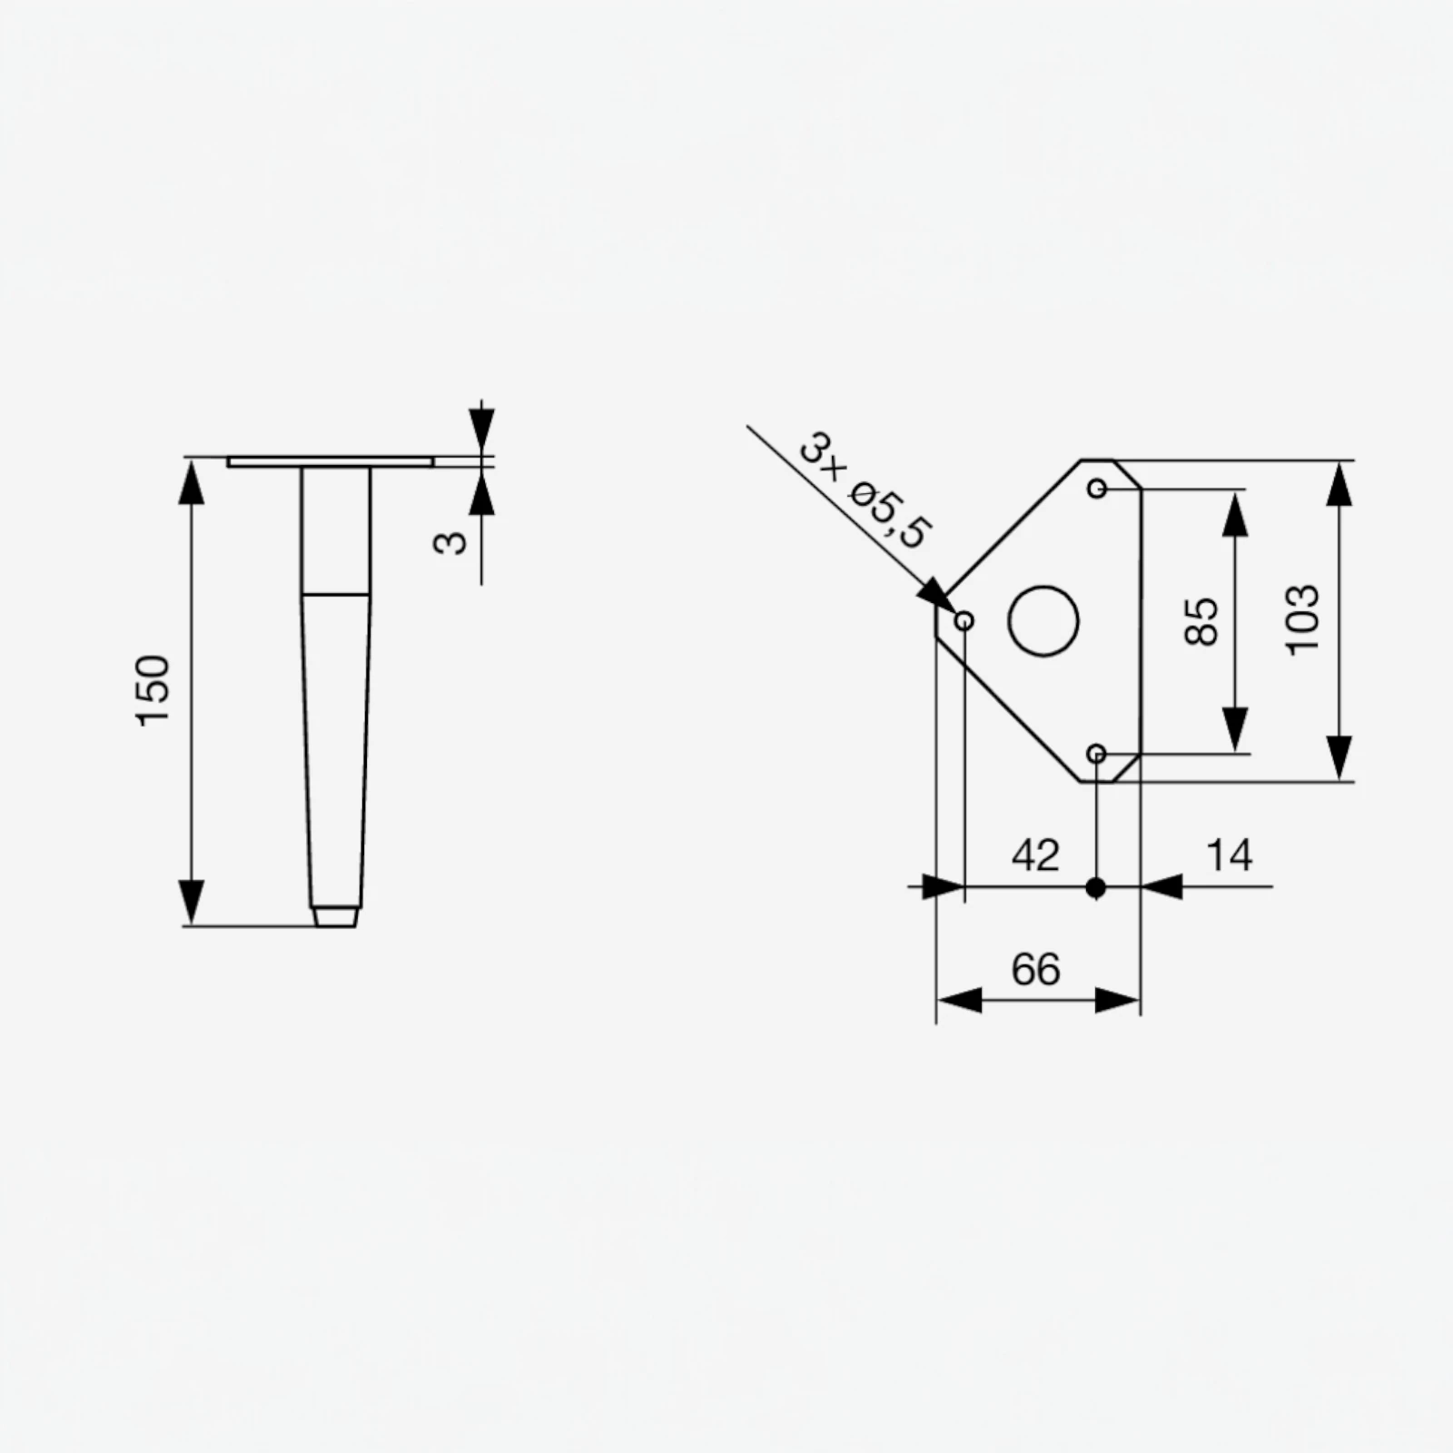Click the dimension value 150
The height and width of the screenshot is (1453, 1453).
click(153, 690)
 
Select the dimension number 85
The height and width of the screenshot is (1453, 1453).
click(1201, 621)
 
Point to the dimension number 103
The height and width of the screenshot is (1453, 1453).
click(1302, 619)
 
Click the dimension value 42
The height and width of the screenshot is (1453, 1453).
click(1035, 855)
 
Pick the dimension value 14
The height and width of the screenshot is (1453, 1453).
click(1229, 855)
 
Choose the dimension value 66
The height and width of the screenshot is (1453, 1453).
click(1035, 970)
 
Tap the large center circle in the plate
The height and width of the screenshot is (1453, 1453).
click(1043, 621)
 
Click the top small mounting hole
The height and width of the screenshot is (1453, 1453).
click(1097, 489)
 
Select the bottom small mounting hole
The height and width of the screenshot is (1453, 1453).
click(1097, 754)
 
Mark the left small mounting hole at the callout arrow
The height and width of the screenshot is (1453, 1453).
click(964, 621)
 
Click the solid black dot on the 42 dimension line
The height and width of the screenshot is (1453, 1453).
click(1096, 887)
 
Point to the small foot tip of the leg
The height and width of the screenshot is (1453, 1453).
click(335, 916)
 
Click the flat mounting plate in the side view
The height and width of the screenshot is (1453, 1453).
click(330, 462)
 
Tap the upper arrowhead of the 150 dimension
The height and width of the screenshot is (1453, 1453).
click(191, 481)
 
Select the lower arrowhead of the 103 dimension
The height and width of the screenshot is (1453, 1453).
click(1339, 758)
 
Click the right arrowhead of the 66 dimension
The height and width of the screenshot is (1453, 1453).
click(1117, 1001)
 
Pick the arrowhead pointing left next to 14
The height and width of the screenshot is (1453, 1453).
click(1162, 886)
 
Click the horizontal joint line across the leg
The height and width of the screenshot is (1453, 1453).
click(335, 594)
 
